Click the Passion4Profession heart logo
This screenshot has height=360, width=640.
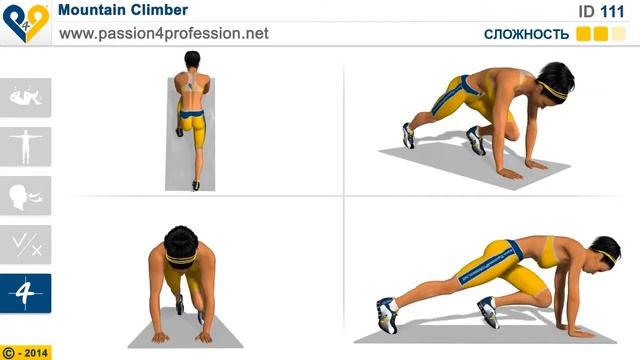tap(26, 22)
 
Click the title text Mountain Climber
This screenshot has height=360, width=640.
tap(123, 10)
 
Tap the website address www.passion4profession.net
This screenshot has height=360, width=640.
tap(164, 33)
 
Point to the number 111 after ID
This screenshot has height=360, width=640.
tap(613, 11)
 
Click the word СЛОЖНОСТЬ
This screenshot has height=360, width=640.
tap(526, 34)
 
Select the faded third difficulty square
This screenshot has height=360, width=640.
tap(618, 34)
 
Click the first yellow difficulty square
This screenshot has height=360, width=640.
tap(583, 34)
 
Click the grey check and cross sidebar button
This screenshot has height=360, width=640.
tap(25, 244)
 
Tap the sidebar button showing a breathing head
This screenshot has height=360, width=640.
tap(25, 196)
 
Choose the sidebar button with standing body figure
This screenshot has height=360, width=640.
tap(25, 147)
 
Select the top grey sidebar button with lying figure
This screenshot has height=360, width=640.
tap(25, 98)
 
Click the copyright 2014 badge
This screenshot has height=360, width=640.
tap(26, 352)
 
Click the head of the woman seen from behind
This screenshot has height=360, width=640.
tap(192, 60)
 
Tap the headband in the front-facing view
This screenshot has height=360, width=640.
tap(181, 258)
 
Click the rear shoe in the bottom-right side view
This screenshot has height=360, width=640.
tap(387, 315)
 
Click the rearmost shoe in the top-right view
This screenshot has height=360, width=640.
tap(408, 135)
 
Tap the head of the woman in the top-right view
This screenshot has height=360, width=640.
tap(554, 84)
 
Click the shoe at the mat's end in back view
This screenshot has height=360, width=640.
tap(196, 185)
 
